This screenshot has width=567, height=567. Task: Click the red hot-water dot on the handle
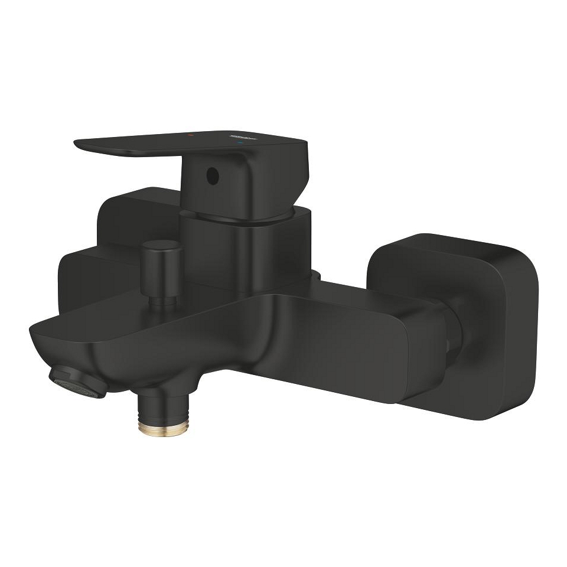[190, 136]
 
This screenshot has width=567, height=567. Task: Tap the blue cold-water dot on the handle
[239, 144]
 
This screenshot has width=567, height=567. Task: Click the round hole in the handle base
[211, 174]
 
